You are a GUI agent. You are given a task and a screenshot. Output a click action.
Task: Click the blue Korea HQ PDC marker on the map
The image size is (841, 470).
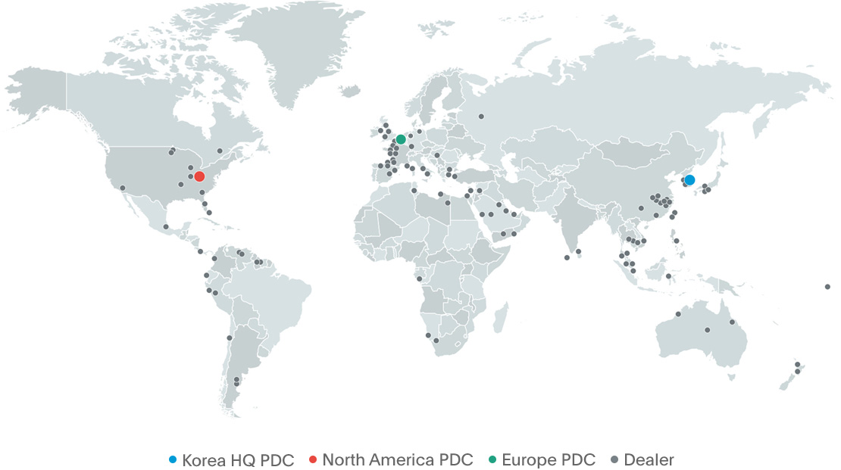tap(689, 180)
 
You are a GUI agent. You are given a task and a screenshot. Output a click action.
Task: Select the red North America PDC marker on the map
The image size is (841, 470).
tap(199, 176)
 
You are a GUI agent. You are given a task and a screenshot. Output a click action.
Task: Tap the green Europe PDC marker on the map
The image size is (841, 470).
tap(401, 139)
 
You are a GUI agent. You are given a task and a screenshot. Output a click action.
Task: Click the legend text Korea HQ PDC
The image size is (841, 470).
tap(238, 459)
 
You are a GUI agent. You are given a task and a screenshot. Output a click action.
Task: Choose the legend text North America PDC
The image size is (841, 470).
tap(398, 459)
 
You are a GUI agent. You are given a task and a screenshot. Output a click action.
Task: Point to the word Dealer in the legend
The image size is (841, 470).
tap(649, 459)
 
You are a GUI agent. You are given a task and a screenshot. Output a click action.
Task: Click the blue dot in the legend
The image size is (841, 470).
tap(172, 460)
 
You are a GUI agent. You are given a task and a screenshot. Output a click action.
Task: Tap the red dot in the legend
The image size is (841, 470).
tap(312, 460)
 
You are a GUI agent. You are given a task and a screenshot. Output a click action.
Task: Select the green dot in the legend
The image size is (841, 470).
tap(493, 460)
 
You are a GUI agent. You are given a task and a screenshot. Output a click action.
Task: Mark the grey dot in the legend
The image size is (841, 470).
tap(614, 460)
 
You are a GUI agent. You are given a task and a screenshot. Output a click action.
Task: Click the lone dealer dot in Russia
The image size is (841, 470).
tap(481, 117)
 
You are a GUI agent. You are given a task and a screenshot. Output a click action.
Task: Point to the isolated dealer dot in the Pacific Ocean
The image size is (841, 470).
tap(827, 287)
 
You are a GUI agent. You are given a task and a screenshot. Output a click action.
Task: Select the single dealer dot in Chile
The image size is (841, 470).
tap(229, 338)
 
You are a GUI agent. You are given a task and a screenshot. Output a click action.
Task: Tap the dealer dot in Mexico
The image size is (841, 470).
tap(165, 226)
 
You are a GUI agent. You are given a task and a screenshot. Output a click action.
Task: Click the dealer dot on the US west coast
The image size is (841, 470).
tap(122, 188)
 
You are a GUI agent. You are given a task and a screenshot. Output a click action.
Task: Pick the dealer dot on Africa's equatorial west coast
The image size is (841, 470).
tap(419, 279)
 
